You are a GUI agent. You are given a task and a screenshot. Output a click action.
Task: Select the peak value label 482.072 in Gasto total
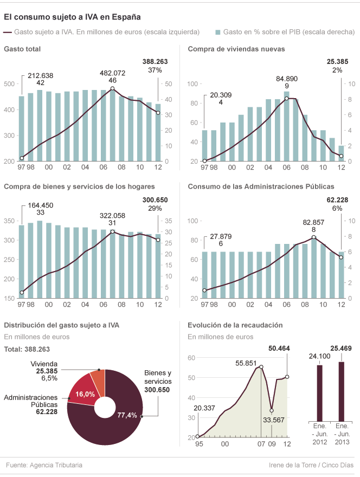113,73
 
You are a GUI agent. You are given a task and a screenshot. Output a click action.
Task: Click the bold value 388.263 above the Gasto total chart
155,62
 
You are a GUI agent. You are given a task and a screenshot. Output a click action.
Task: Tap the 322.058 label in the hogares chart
113,215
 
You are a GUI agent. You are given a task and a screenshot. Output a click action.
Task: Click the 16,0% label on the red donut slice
87,395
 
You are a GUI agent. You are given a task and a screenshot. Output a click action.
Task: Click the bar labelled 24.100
319,393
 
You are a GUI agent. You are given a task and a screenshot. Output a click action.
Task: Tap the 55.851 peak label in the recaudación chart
247,363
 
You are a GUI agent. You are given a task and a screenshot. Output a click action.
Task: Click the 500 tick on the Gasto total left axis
9,84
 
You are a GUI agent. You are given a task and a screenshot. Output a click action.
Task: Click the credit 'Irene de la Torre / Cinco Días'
311,465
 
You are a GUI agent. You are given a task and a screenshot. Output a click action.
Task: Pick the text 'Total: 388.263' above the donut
27,350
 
